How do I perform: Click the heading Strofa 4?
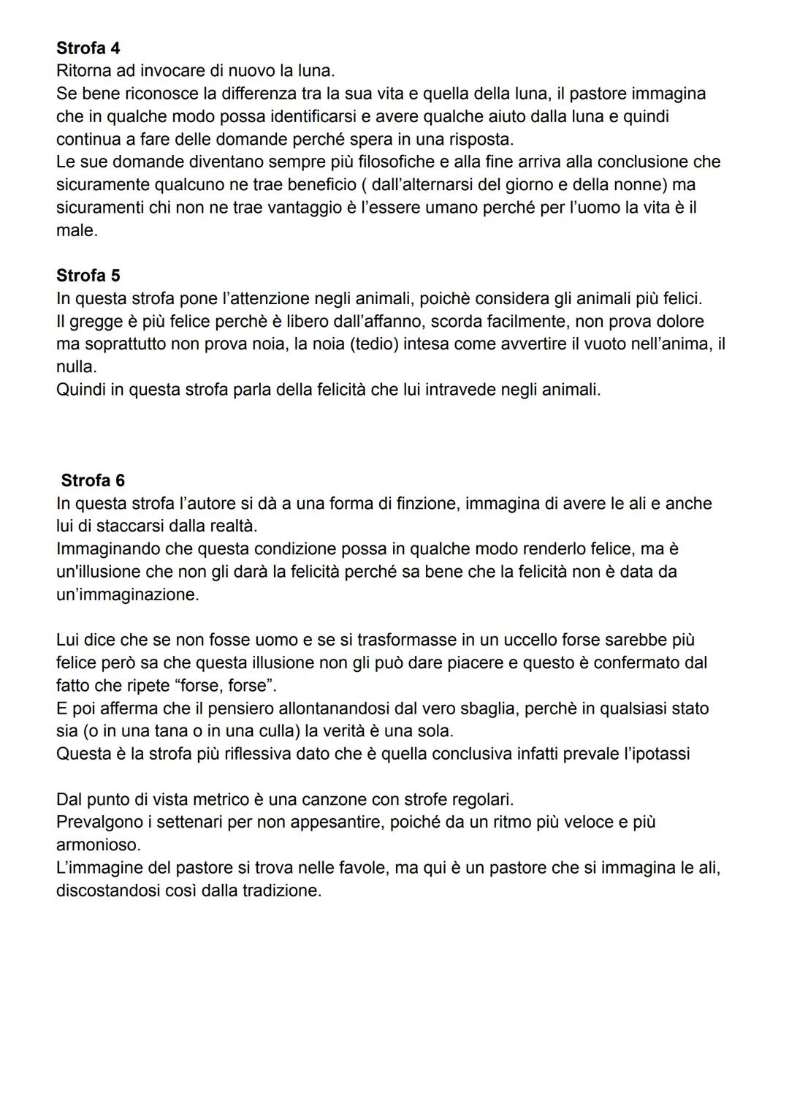coord(88,48)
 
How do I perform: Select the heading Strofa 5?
coord(88,276)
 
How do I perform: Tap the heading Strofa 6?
coord(93,480)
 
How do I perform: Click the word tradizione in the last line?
coord(281,891)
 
